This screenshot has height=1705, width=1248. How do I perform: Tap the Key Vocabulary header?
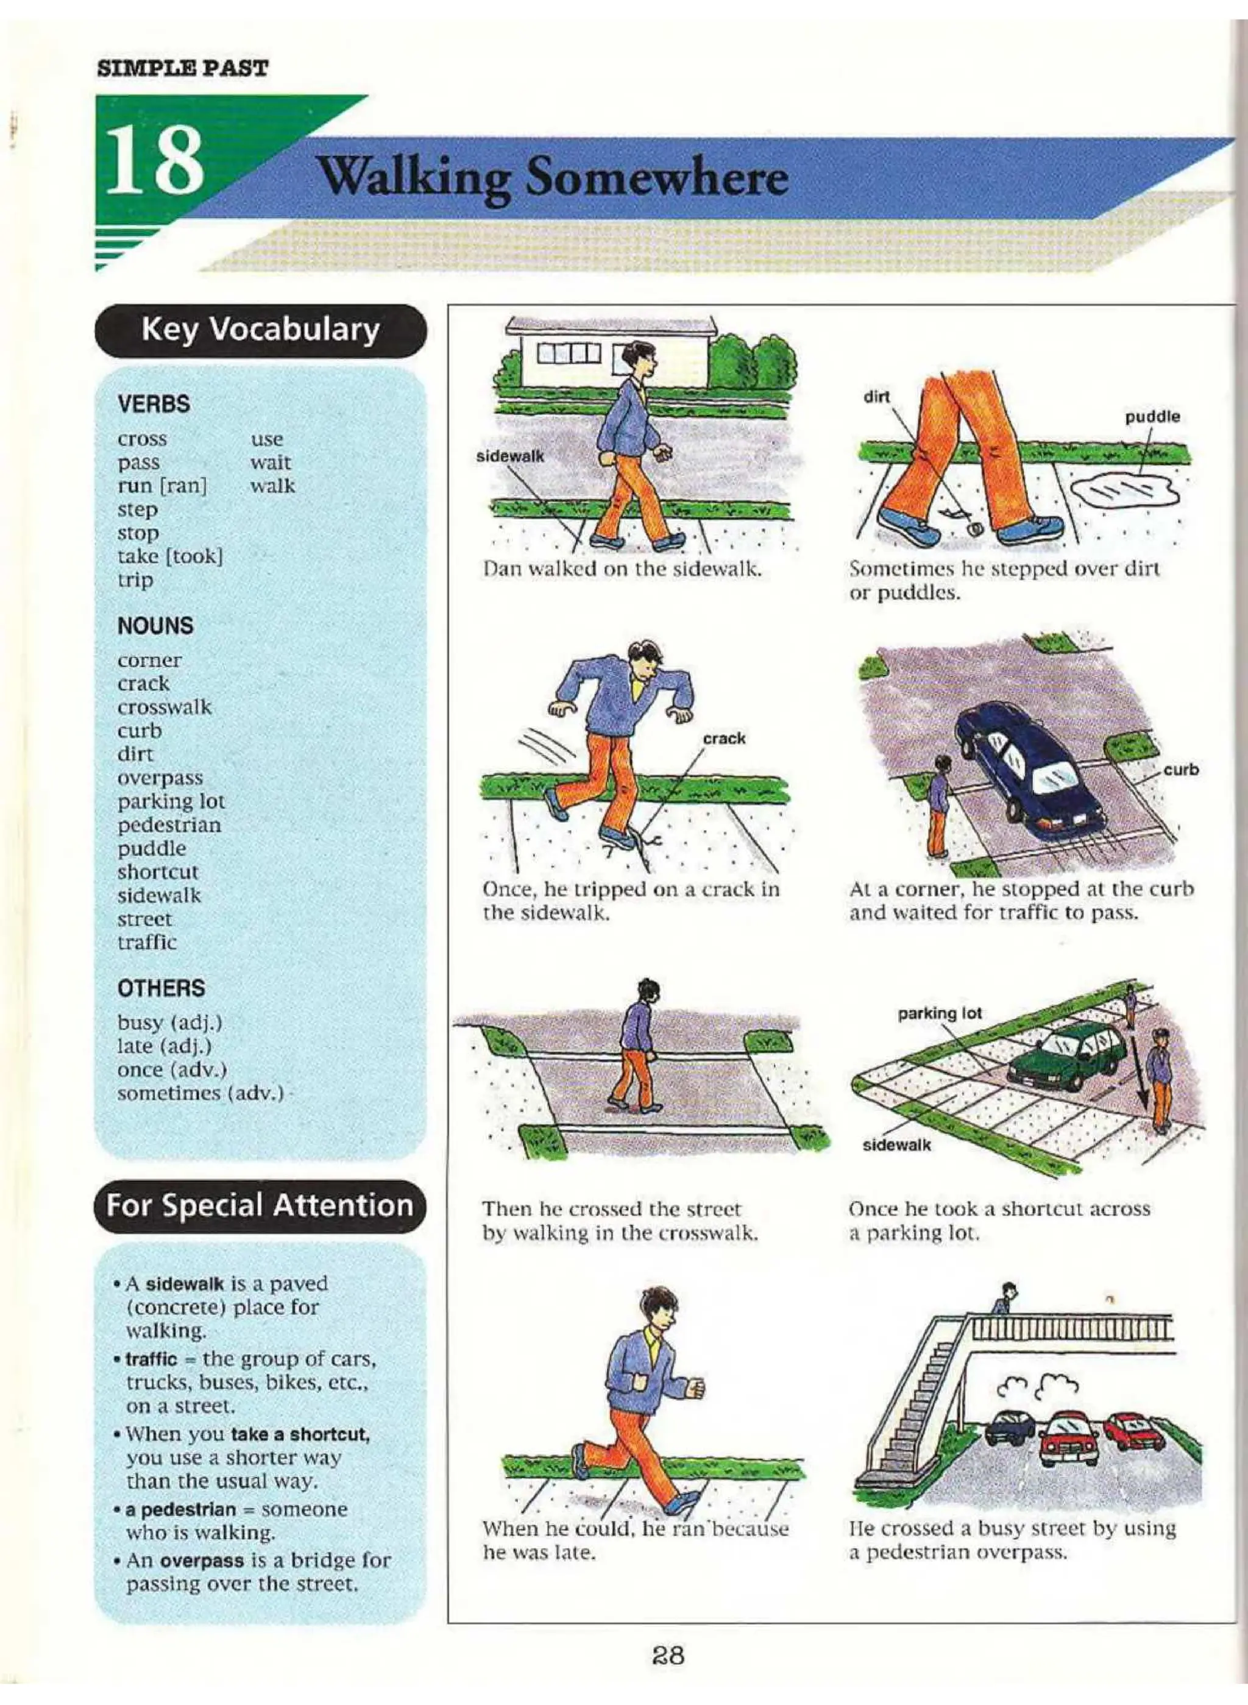(x=261, y=330)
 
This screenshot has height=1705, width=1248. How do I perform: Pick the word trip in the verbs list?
(x=135, y=580)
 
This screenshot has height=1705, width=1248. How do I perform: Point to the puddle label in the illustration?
(x=1153, y=416)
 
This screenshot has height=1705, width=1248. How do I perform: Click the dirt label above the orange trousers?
(x=876, y=397)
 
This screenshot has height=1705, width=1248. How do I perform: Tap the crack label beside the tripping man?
(x=724, y=738)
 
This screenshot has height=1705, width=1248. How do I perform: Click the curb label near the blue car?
(x=1181, y=770)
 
